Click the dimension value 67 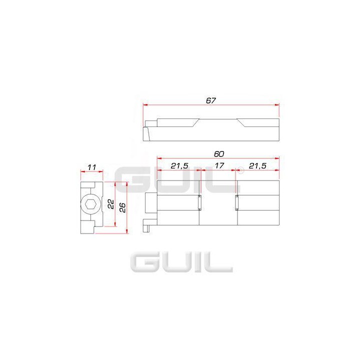[x=210, y=100]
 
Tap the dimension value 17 [x=218, y=165]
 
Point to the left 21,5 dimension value [x=179, y=165]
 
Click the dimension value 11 [x=91, y=167]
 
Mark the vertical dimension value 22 [x=111, y=204]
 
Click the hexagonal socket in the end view [x=90, y=205]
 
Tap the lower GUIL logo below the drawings [x=181, y=262]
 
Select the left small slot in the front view [x=200, y=203]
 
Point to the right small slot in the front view [x=236, y=203]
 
